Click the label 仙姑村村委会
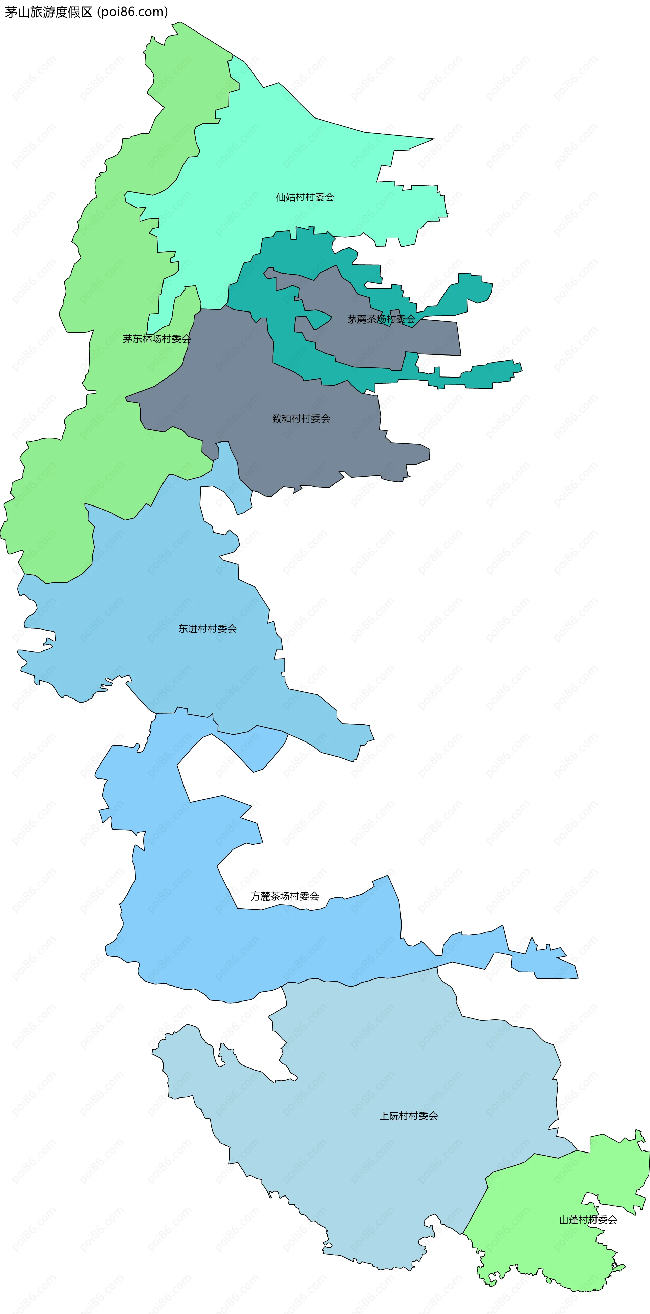pos(305,197)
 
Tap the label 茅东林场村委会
pos(157,339)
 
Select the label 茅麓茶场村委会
pos(381,319)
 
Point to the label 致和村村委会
pos(301,419)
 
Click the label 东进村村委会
pos(207,629)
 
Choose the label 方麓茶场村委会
pos(285,896)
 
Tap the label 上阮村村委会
pos(408,1116)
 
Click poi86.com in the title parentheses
pos(134,12)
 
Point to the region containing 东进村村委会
pos(153,587)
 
